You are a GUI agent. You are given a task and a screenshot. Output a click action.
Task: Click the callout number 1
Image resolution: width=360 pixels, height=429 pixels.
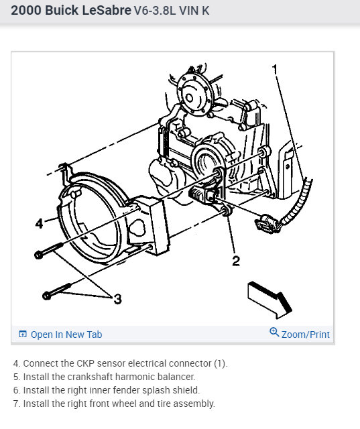pos(275,70)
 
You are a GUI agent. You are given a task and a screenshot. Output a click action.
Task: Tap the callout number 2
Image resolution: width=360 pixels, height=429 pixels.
pos(236,261)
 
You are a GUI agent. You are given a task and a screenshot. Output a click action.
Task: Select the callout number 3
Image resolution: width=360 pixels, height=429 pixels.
pos(118,299)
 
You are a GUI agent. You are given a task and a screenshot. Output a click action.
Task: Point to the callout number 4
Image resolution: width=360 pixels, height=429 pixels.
pos(40,223)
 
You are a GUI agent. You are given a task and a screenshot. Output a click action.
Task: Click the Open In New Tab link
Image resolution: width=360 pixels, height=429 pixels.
pos(66,334)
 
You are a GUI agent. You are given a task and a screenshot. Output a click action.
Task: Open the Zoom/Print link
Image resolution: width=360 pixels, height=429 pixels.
pos(305,334)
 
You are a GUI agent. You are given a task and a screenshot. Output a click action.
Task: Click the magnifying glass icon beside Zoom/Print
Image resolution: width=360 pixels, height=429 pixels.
pos(274,332)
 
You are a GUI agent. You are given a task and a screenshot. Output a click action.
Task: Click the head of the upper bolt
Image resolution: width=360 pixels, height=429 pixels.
pos(39,255)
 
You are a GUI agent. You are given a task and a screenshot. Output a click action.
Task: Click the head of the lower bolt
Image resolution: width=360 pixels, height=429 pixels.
pos(47,296)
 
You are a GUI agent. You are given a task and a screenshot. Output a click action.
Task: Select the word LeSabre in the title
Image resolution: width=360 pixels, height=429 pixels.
pos(107,11)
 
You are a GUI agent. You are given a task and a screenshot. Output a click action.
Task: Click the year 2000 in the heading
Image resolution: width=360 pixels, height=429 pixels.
pos(26,11)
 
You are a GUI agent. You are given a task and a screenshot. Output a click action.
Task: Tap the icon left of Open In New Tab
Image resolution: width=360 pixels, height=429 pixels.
pos(23,334)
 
